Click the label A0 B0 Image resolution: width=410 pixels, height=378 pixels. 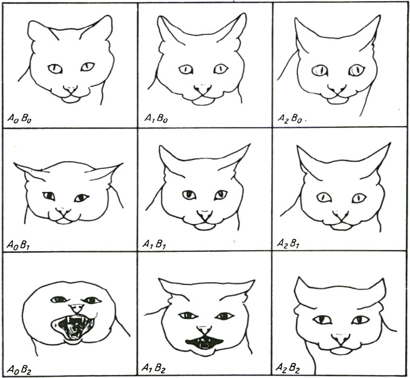pyautogui.click(x=19, y=119)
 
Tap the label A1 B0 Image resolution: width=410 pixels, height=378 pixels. pyautogui.click(x=156, y=118)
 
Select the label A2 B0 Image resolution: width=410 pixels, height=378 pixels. pyautogui.click(x=290, y=119)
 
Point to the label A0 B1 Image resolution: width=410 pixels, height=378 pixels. pyautogui.click(x=18, y=245)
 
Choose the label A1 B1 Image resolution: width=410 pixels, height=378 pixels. pyautogui.click(x=154, y=244)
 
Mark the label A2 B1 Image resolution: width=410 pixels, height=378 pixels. pyautogui.click(x=288, y=243)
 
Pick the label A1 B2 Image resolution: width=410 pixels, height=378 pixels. pyautogui.click(x=154, y=368)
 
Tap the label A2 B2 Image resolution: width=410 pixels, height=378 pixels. pyautogui.click(x=288, y=368)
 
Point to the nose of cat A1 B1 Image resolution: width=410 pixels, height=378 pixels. pyautogui.click(x=205, y=215)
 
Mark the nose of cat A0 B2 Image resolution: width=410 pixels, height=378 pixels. pyautogui.click(x=76, y=309)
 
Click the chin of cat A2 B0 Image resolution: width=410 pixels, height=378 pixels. pyautogui.click(x=338, y=101)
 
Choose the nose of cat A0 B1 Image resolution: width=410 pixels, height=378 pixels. pyautogui.click(x=63, y=212)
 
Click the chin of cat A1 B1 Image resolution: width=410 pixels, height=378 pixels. pyautogui.click(x=204, y=227)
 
